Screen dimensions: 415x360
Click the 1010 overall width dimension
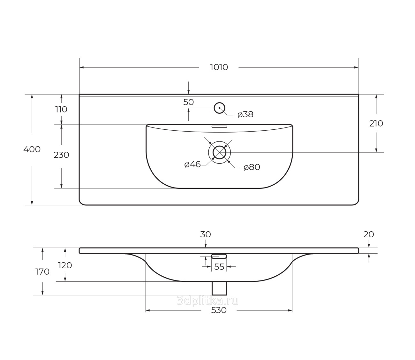[219, 67]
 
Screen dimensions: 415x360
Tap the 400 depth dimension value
[32, 149]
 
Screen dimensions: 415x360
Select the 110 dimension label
[61, 110]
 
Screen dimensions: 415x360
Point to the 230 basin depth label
[61, 155]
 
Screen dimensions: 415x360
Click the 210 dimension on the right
[376, 124]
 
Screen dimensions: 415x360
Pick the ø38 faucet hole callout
[245, 114]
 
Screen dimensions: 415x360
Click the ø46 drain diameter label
[192, 164]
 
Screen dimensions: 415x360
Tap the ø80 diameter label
[252, 167]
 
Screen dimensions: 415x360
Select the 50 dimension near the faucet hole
[188, 102]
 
